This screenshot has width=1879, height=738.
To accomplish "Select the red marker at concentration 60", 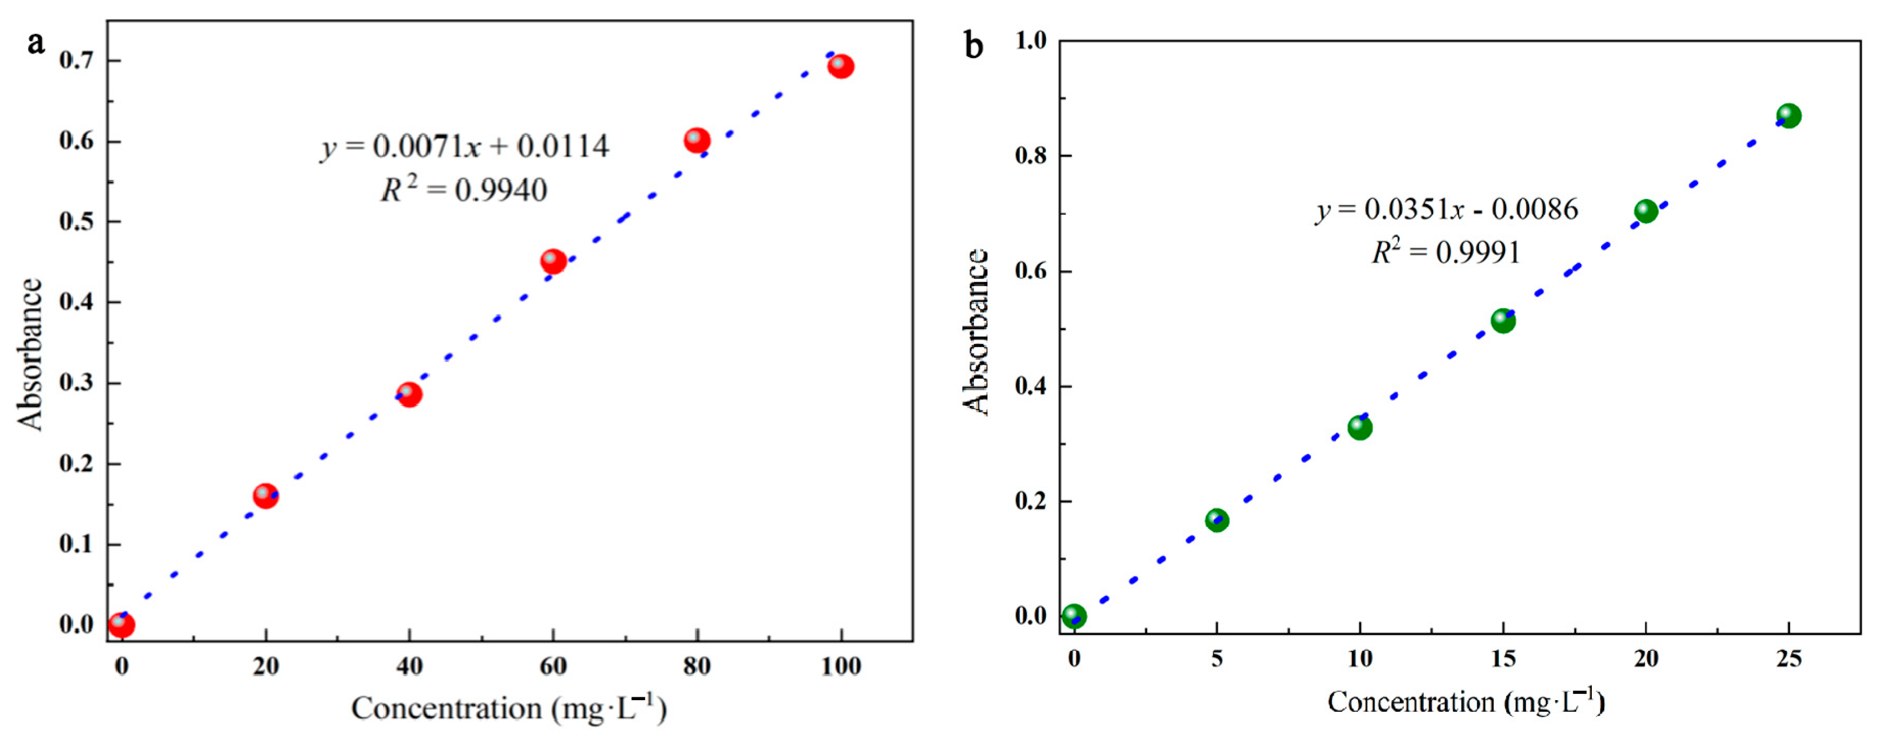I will [553, 261].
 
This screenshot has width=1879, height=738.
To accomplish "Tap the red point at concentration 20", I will [266, 497].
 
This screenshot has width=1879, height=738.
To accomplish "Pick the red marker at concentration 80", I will [697, 140].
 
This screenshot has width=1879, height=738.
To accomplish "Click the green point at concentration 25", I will [1788, 115].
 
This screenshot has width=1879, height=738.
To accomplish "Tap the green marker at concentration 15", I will [1503, 320].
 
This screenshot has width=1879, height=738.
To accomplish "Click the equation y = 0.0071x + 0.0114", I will [465, 147].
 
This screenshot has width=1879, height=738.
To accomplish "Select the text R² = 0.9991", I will [1446, 252].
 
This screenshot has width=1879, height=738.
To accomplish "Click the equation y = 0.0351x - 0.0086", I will [1447, 210].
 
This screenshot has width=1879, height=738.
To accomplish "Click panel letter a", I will [35, 43].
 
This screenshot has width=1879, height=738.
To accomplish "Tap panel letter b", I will [974, 46].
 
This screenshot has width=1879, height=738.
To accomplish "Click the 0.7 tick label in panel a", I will [77, 60].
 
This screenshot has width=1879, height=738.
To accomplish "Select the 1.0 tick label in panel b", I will [1031, 41].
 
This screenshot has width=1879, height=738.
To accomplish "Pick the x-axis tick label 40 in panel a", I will [409, 666].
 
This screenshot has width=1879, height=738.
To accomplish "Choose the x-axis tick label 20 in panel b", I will [1646, 659].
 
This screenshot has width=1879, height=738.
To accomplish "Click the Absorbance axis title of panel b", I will [975, 332].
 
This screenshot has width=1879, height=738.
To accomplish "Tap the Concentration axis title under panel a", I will [509, 708].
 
